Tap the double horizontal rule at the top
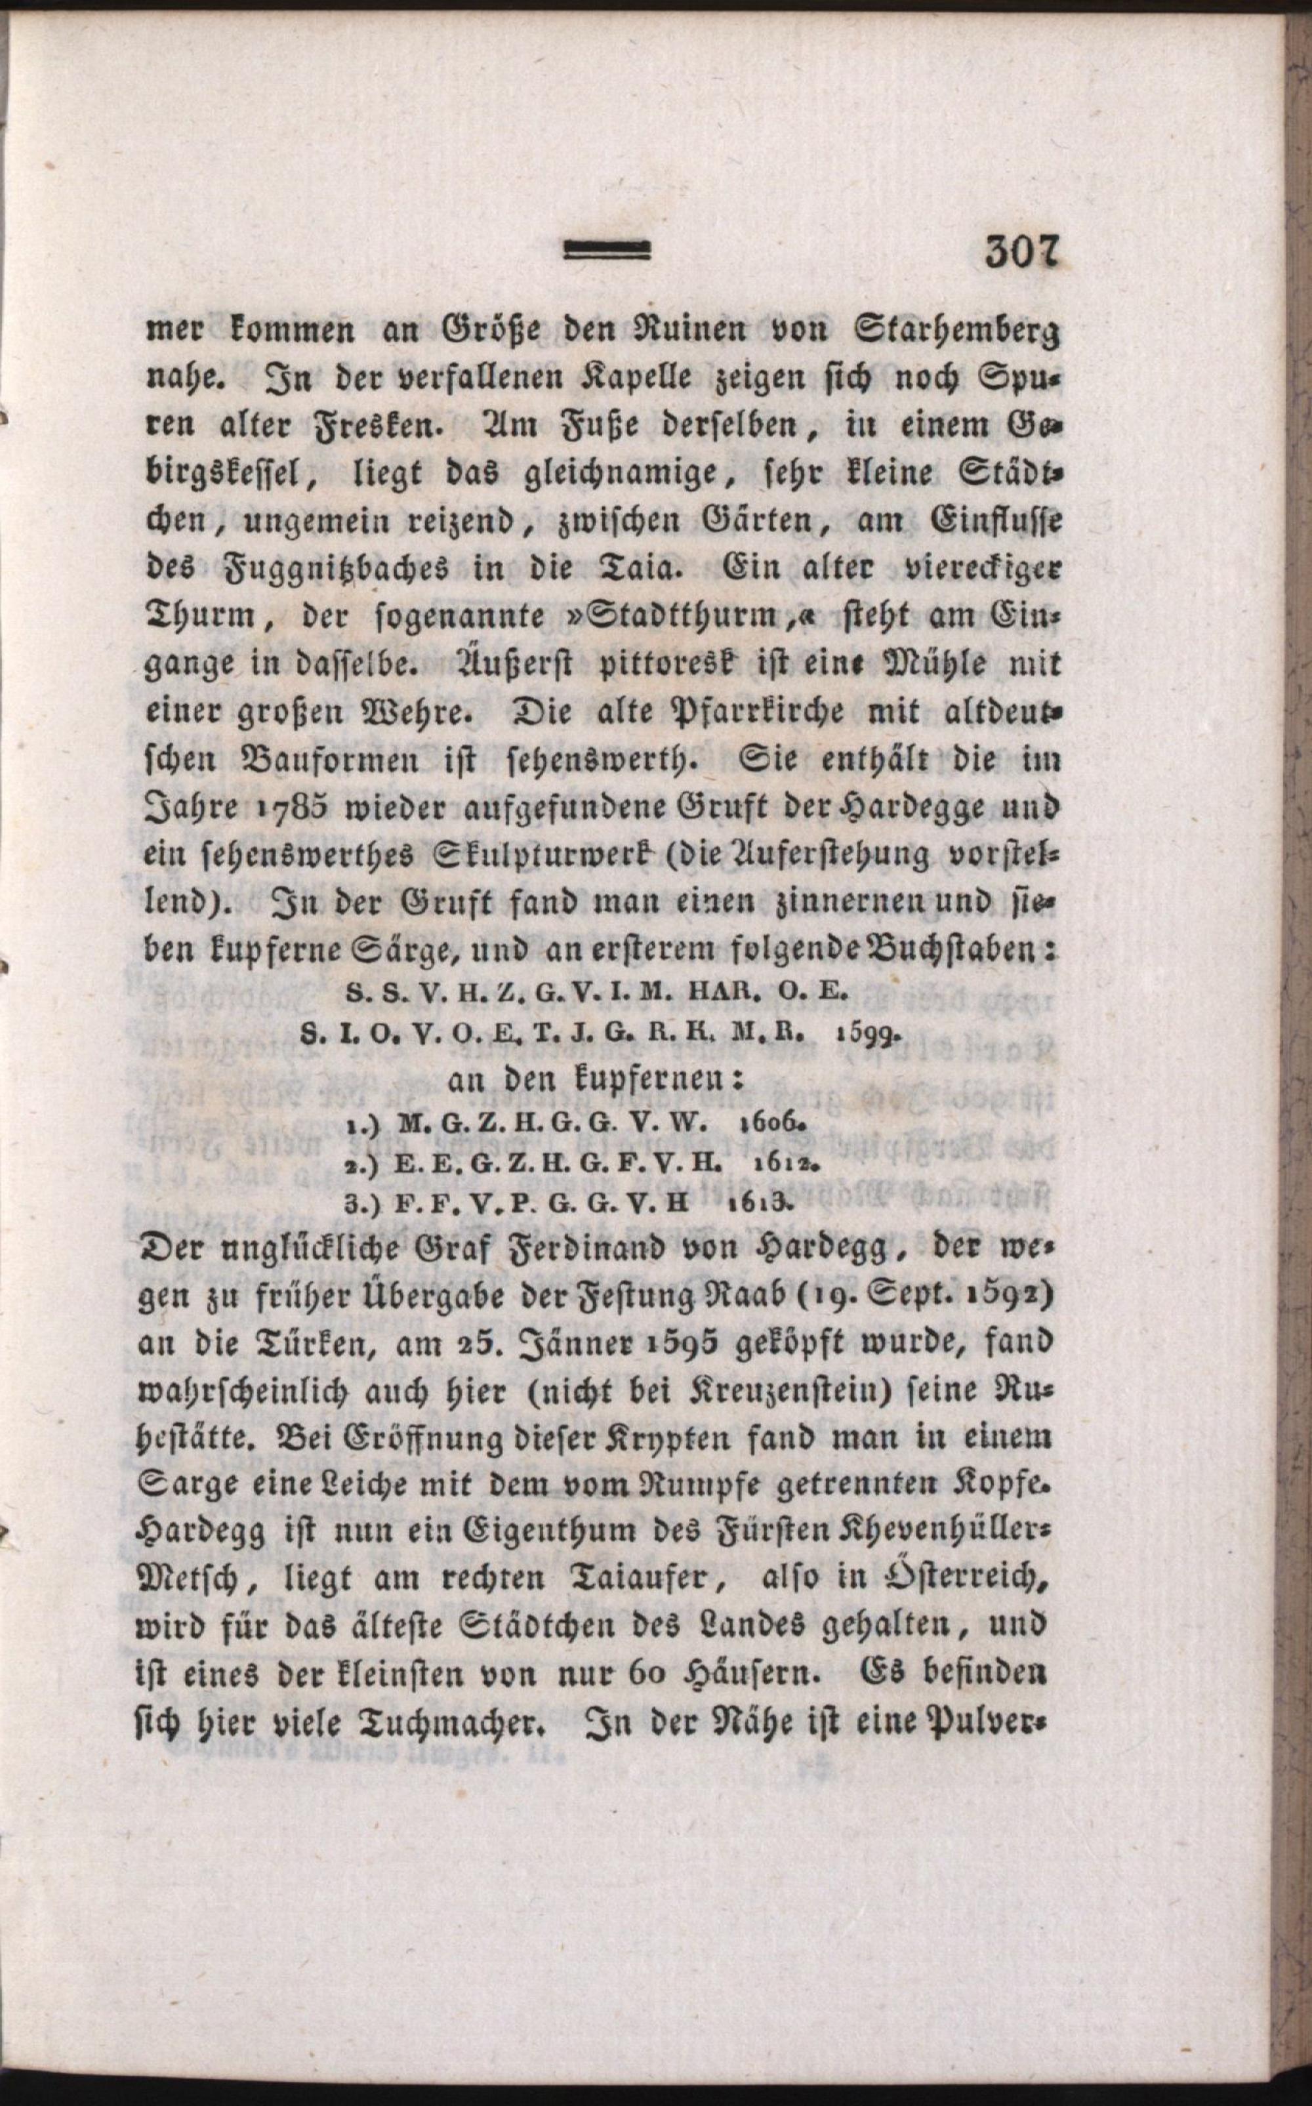tap(607, 253)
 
